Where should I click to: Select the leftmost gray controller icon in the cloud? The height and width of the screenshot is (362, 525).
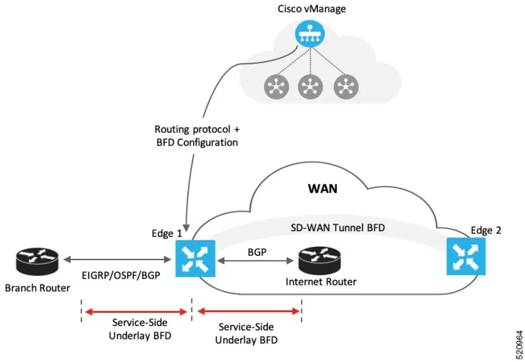coord(275,86)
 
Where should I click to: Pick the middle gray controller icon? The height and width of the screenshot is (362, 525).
coord(309,86)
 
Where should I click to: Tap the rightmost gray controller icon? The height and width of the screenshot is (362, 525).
coord(345,86)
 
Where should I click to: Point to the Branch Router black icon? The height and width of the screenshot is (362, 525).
coord(38,261)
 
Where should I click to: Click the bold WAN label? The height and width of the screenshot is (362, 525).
coord(323,189)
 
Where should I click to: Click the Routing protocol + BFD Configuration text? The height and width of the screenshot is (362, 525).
coord(196,136)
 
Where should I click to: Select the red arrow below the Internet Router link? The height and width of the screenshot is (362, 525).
coord(249,311)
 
